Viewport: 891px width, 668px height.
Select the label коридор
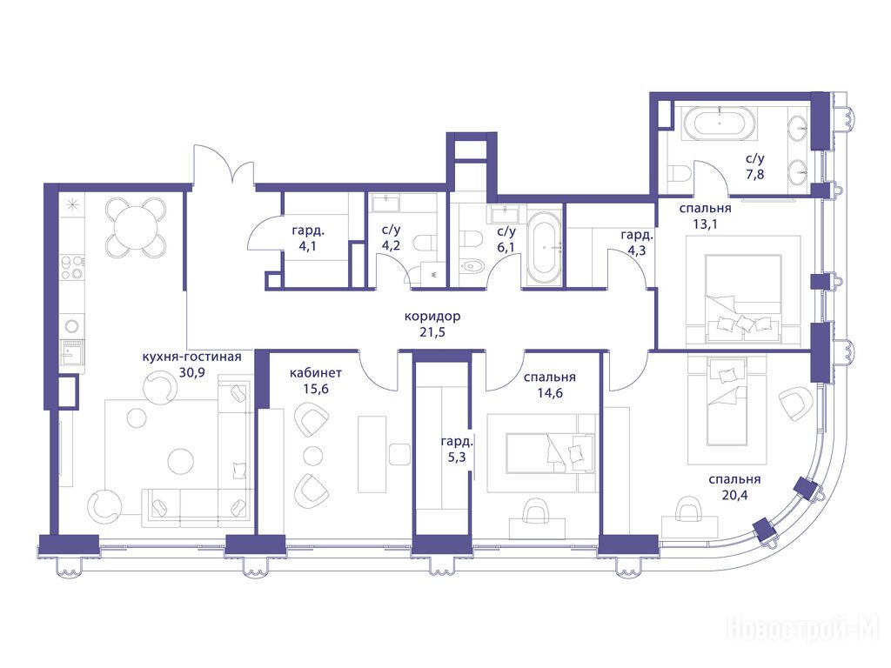pyautogui.click(x=432, y=316)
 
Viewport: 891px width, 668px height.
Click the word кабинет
pyautogui.click(x=315, y=372)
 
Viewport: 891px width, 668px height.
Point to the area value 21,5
pyautogui.click(x=432, y=331)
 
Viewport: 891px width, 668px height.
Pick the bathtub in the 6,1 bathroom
pyautogui.click(x=545, y=248)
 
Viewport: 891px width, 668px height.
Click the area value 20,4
pyautogui.click(x=734, y=495)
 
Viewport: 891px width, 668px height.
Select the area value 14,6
pyautogui.click(x=550, y=392)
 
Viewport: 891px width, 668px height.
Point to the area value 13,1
pyautogui.click(x=705, y=224)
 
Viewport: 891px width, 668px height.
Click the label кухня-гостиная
pyautogui.click(x=191, y=357)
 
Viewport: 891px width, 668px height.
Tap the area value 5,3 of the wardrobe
pyautogui.click(x=456, y=458)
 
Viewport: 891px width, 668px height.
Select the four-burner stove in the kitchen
pyautogui.click(x=71, y=267)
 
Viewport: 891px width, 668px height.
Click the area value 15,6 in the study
pyautogui.click(x=315, y=389)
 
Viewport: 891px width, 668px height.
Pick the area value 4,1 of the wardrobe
pyautogui.click(x=309, y=247)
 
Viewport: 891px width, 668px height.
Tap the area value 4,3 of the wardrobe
pyautogui.click(x=636, y=250)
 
